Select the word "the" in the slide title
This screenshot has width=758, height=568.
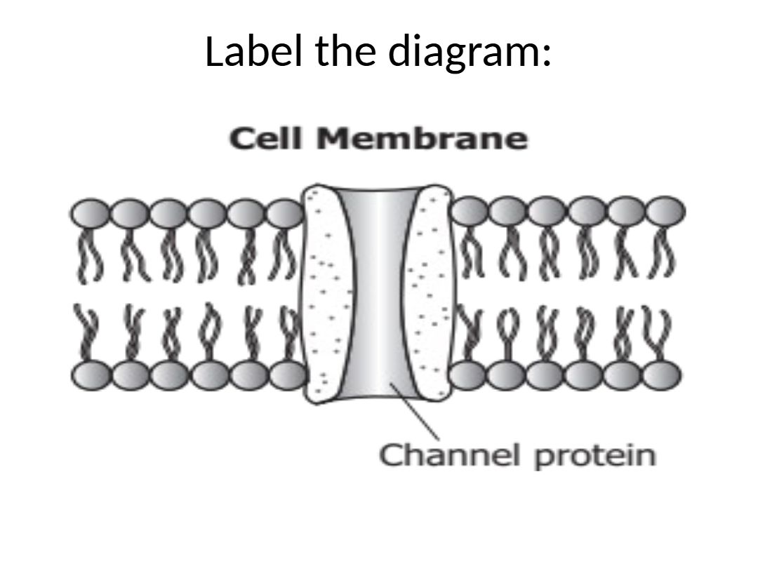pyautogui.click(x=341, y=52)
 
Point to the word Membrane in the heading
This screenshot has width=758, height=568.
pyautogui.click(x=421, y=139)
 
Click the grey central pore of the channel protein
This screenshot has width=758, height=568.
pyautogui.click(x=379, y=295)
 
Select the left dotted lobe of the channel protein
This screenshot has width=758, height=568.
pyautogui.click(x=324, y=295)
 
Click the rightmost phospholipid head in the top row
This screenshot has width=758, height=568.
pyautogui.click(x=665, y=210)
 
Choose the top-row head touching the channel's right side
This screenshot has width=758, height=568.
pyautogui.click(x=469, y=210)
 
